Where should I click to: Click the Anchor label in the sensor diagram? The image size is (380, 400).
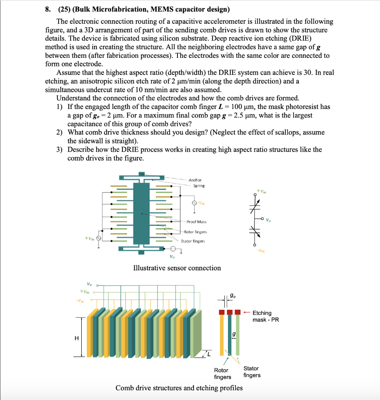pos(195,180)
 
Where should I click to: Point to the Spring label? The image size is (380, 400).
pos(199,186)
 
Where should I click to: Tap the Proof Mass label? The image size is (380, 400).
pos(196,221)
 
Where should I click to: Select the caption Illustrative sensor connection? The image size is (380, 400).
pos(177,268)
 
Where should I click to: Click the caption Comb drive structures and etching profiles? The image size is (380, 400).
pos(179,388)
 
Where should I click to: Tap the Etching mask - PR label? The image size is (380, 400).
pos(265,316)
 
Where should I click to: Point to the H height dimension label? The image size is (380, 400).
pos(77,338)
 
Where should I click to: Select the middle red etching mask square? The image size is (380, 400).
pos(230,312)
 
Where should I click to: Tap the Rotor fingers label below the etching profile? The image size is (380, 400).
pos(222,373)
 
